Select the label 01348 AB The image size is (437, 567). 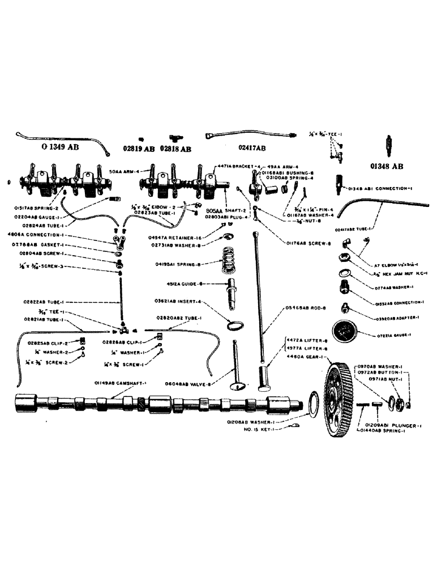[387, 166]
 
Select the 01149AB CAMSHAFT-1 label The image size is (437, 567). [121, 384]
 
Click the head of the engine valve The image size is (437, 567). [238, 387]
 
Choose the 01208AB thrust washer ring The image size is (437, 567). [311, 403]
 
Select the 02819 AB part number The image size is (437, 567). [139, 149]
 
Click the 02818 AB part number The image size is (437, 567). [175, 149]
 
